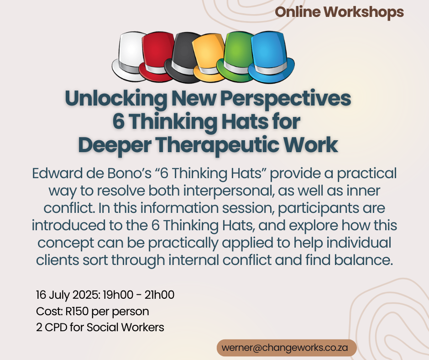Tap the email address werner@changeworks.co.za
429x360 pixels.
click(285, 348)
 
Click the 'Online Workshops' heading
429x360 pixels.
click(339, 12)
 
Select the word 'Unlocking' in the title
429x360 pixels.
click(116, 98)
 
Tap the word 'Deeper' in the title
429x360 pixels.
click(115, 145)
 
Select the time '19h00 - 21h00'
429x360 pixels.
click(139, 295)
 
